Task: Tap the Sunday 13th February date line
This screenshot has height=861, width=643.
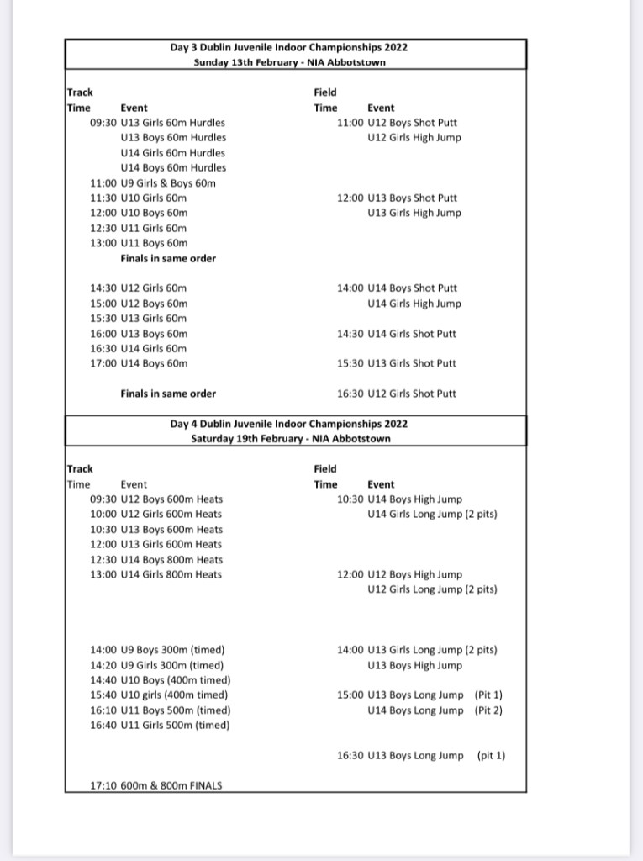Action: point(289,62)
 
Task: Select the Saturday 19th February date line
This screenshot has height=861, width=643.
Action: point(290,439)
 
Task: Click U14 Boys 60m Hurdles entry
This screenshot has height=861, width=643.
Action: point(173,168)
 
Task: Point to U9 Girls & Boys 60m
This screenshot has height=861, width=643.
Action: point(153,183)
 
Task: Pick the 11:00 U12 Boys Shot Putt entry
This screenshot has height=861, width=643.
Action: point(398,123)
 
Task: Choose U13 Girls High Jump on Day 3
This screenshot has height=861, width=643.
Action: point(414,214)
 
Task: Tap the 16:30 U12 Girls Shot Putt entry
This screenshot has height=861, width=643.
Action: point(397,394)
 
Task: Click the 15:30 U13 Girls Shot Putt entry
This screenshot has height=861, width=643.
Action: point(397,364)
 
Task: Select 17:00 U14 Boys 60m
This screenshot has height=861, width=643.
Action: point(139,364)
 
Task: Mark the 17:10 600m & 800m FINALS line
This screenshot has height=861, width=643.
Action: point(156,786)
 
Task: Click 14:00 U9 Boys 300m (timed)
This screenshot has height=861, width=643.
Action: point(157,650)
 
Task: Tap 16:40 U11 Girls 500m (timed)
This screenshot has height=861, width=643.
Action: point(160,726)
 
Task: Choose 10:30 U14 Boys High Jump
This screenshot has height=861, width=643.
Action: point(399,499)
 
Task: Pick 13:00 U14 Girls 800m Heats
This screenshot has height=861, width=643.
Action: point(156,575)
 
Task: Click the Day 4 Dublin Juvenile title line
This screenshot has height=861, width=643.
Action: point(289,425)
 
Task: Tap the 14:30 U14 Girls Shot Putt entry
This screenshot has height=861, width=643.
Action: point(397,334)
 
